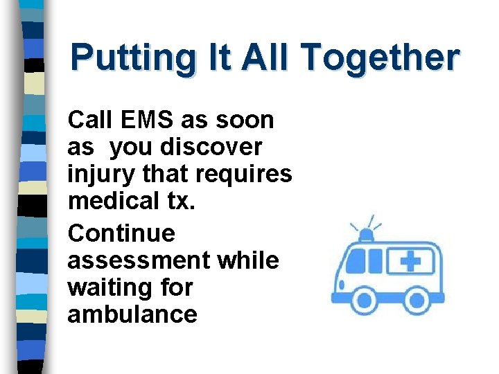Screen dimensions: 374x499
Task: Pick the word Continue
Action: tap(121, 233)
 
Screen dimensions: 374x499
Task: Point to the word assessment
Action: tap(138, 260)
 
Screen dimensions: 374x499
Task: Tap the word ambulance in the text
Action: tap(132, 314)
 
